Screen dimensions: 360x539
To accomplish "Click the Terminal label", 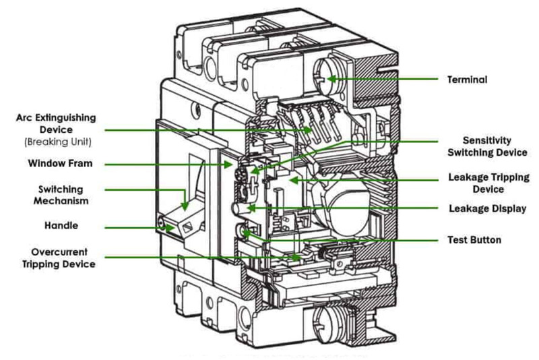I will (467, 80).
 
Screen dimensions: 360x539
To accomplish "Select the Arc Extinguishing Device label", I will (56, 123).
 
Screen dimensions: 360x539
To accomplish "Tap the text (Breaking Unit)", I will (56, 142).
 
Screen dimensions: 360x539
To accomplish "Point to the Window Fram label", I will (59, 163).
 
